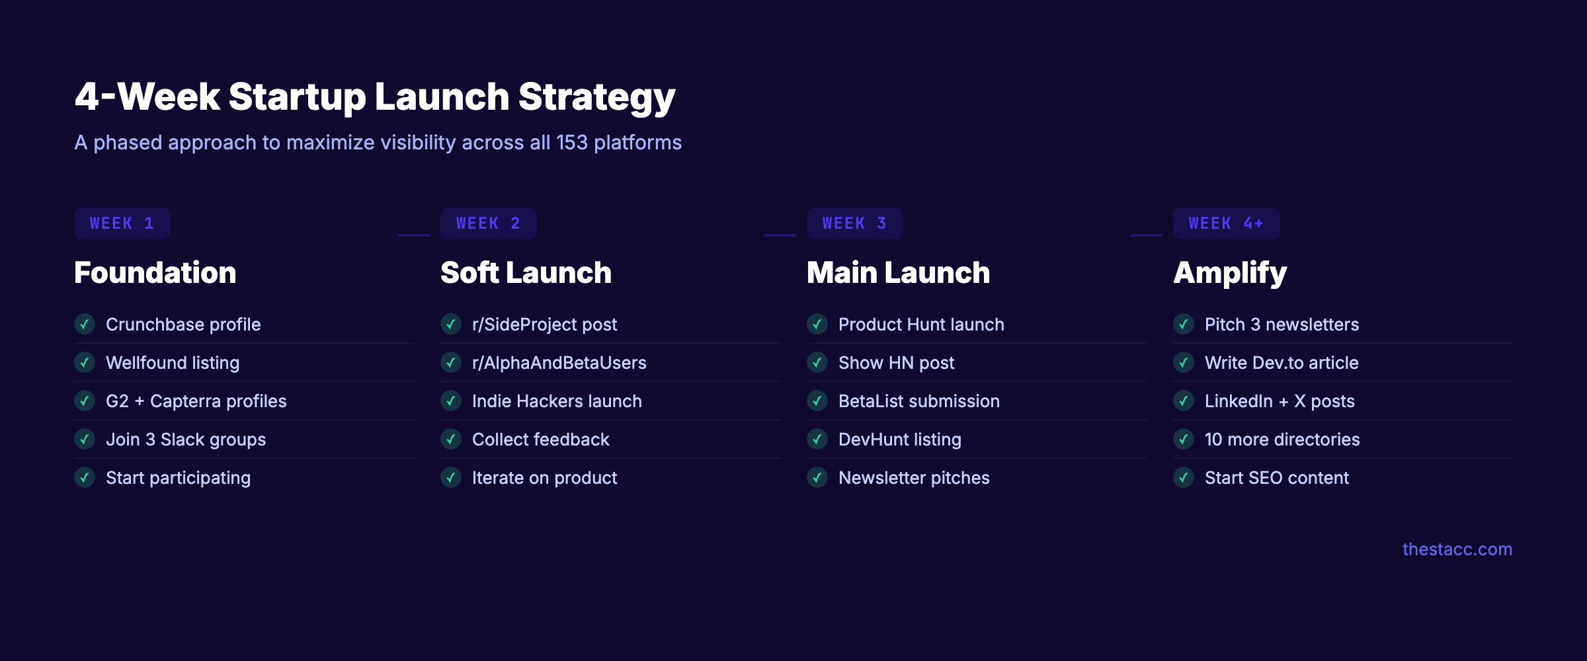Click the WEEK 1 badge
[x=122, y=223]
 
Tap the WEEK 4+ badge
[x=1226, y=223]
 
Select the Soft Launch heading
[x=526, y=272]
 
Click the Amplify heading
[x=1230, y=272]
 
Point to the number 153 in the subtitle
[x=571, y=143]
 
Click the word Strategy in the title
[x=596, y=97]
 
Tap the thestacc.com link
[x=1457, y=549]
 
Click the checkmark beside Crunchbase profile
[x=85, y=325]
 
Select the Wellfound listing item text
[x=173, y=363]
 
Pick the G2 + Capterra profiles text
[x=196, y=401]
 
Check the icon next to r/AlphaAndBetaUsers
[x=451, y=363]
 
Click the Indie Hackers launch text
[x=557, y=401]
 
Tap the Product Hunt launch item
[x=921, y=325]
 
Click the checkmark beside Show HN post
[x=817, y=363]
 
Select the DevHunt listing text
[x=899, y=440]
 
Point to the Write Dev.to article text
[x=1282, y=363]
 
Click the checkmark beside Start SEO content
[x=1184, y=478]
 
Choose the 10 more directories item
[x=1282, y=440]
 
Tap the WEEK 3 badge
[x=854, y=223]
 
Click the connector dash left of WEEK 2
[x=414, y=235]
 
